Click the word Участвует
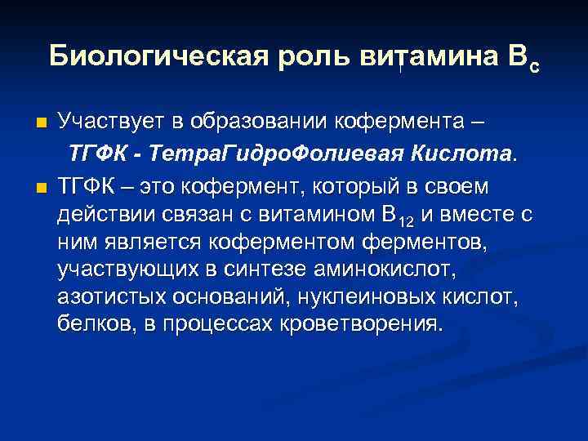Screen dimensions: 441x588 click(x=111, y=122)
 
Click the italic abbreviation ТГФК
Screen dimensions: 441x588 click(x=96, y=154)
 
